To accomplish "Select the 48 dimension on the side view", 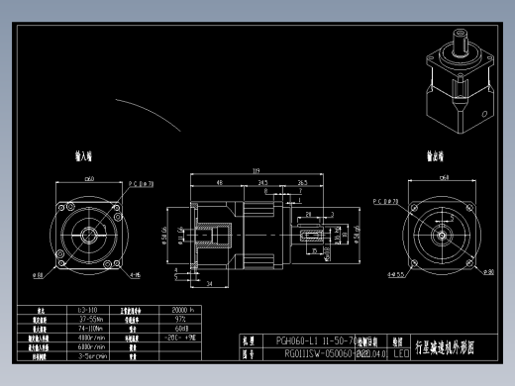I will pos(218,182).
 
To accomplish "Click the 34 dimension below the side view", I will pos(211,284).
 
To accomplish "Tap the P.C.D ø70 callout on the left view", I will pos(140,183).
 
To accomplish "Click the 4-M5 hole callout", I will pos(134,274).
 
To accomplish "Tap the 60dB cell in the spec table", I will pos(181,328).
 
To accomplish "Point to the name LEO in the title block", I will pos(401,351).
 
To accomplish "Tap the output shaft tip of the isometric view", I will pos(462,35).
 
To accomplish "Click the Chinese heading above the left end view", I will pos(83,156).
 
